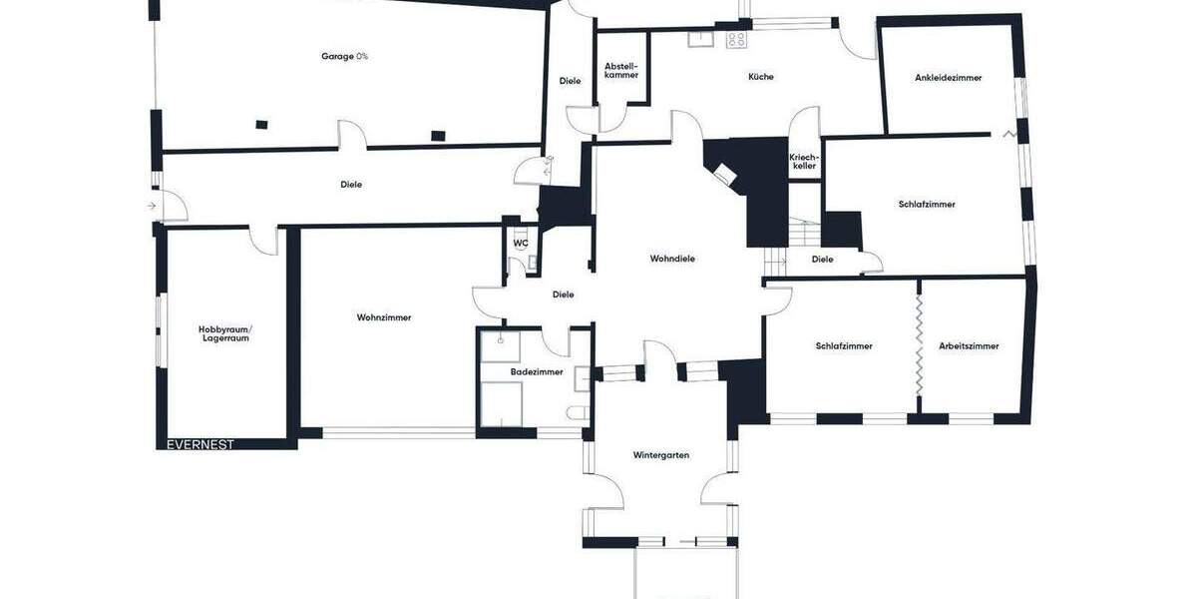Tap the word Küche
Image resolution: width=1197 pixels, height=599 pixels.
tap(761, 77)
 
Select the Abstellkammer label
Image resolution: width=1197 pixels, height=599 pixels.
tap(621, 71)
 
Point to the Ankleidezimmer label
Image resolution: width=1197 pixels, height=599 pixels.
tap(948, 78)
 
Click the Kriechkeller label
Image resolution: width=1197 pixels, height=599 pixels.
tap(804, 162)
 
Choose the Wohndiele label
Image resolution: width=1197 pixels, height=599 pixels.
tap(672, 259)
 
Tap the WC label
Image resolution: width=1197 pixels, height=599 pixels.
tap(521, 243)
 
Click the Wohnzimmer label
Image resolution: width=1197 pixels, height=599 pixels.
tap(384, 318)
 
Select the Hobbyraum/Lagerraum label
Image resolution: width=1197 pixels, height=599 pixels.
tap(224, 333)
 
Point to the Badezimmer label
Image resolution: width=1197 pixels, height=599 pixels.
tap(537, 372)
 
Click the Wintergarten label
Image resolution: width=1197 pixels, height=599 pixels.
tap(661, 455)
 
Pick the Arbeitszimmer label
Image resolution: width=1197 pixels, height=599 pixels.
tap(969, 346)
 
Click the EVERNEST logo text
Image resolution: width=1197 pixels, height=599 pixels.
tap(200, 445)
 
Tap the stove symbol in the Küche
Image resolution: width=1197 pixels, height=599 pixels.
tap(736, 40)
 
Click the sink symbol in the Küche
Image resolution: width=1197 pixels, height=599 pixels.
tap(700, 40)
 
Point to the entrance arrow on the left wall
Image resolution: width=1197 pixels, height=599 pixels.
tap(151, 206)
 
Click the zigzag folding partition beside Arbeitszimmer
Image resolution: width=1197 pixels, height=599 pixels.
tap(918, 344)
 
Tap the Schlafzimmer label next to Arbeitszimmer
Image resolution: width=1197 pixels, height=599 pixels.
tap(844, 346)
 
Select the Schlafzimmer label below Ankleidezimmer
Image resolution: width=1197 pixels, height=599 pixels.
tap(927, 205)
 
